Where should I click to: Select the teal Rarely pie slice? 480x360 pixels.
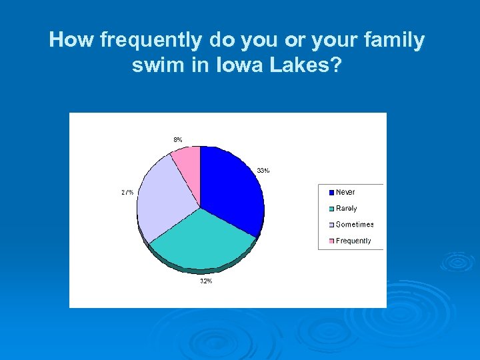[x=200, y=240]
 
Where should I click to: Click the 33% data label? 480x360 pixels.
[x=263, y=171]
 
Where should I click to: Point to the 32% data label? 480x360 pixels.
[x=206, y=281]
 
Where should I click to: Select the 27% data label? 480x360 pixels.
[x=127, y=192]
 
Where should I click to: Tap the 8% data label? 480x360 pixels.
[x=178, y=139]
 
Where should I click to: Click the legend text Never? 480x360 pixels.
[x=345, y=192]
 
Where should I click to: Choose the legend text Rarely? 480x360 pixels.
[x=347, y=209]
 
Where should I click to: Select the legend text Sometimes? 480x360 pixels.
[x=355, y=225]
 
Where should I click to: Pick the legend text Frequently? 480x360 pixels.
[x=353, y=241]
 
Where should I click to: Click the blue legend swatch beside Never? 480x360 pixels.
[x=331, y=193]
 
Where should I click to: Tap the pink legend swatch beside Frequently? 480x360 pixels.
[x=331, y=241]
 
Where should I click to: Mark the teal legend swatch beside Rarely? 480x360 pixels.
[x=331, y=209]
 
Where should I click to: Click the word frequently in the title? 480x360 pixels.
[x=152, y=41]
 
